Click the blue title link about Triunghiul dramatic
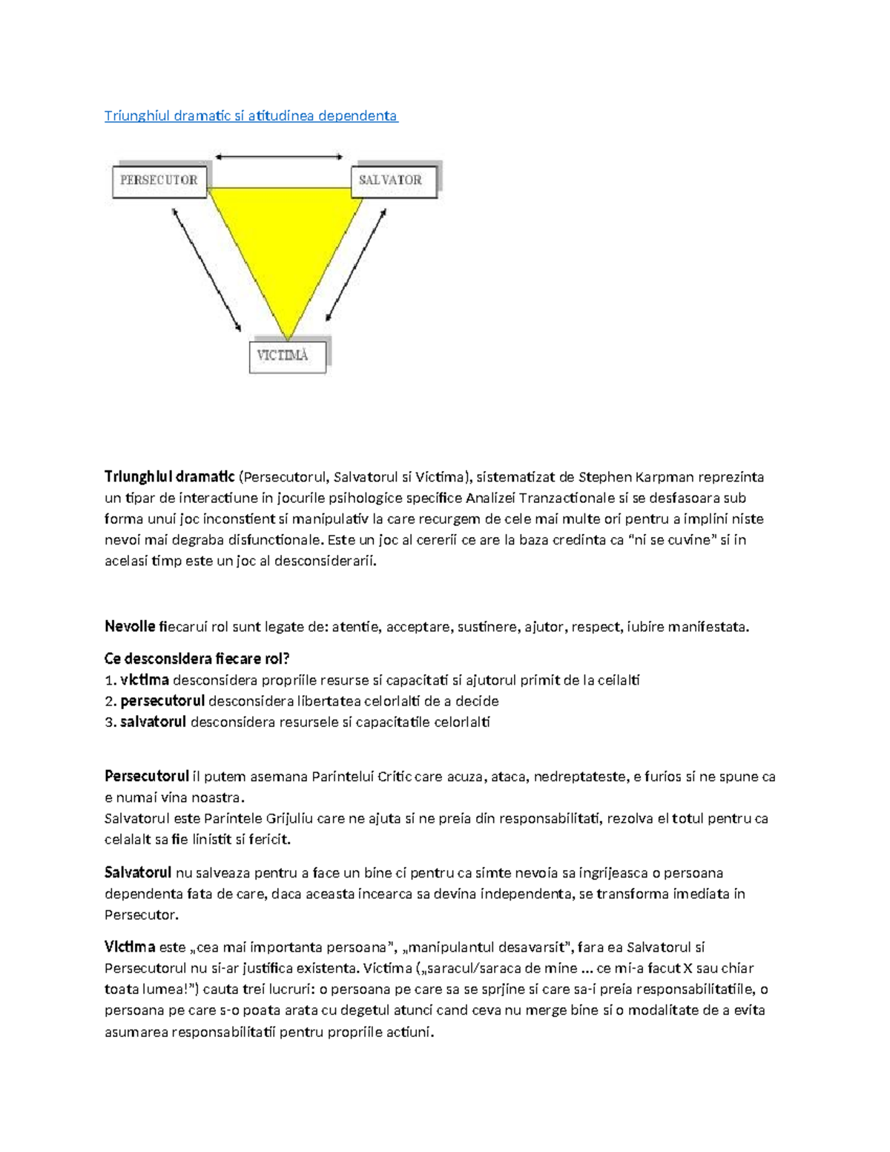coord(251,116)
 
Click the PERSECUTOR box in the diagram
coord(159,180)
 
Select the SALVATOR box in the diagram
coord(391,180)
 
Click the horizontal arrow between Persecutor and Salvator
coord(279,157)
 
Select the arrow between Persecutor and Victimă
coord(206,269)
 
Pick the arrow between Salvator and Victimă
coord(357,265)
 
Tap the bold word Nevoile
coord(130,627)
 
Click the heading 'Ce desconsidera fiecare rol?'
coord(197,659)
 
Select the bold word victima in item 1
coord(145,680)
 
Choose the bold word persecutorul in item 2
coord(162,701)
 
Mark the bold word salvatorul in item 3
coord(153,722)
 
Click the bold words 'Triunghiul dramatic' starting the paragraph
coord(169,477)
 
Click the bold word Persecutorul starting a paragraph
coord(147,777)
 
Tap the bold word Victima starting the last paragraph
coord(130,947)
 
